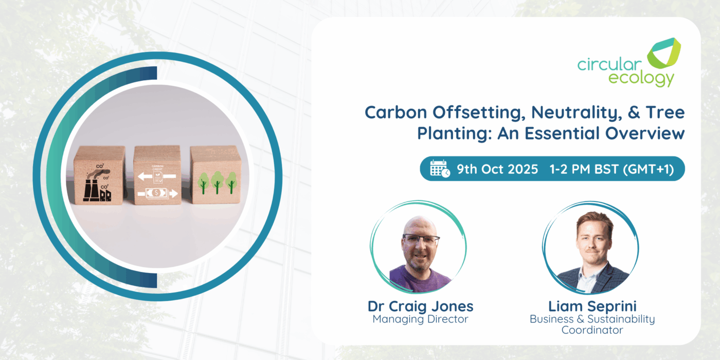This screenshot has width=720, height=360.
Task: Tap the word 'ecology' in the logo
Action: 641,79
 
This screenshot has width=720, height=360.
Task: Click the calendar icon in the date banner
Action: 440,168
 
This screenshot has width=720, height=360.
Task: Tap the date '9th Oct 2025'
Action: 497,169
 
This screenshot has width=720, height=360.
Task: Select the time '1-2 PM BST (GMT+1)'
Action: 611,169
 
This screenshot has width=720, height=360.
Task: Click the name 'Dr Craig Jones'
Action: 421,307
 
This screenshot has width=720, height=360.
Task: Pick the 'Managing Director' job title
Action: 421,319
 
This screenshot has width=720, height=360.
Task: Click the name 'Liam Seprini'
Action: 592,306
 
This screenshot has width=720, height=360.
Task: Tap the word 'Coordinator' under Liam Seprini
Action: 592,330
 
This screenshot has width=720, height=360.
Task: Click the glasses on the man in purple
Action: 421,239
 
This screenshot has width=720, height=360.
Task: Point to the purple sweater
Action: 420,279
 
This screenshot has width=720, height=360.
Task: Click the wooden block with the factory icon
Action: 99,175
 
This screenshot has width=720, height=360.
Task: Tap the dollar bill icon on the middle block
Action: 156,193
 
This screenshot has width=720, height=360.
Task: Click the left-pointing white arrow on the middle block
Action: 145,176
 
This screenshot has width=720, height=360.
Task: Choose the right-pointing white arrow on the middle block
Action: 173,193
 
